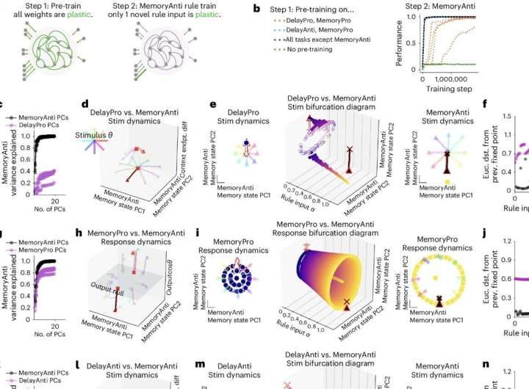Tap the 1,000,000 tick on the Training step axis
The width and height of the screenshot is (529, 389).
tap(464, 78)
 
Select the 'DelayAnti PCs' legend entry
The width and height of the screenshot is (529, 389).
tap(41, 382)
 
